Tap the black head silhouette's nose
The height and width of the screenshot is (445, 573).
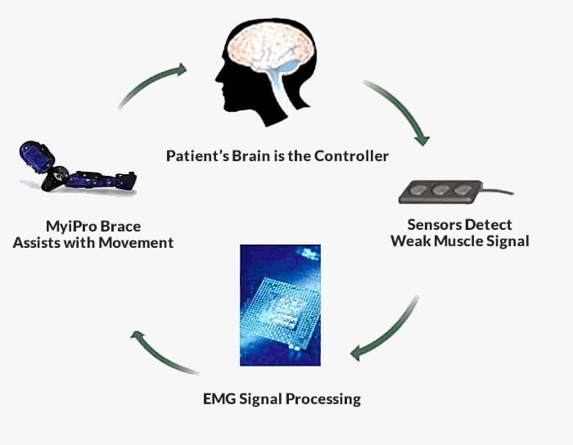tap(219, 83)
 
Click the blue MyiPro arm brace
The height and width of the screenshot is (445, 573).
tap(78, 173)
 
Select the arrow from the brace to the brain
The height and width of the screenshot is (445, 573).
tap(151, 84)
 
